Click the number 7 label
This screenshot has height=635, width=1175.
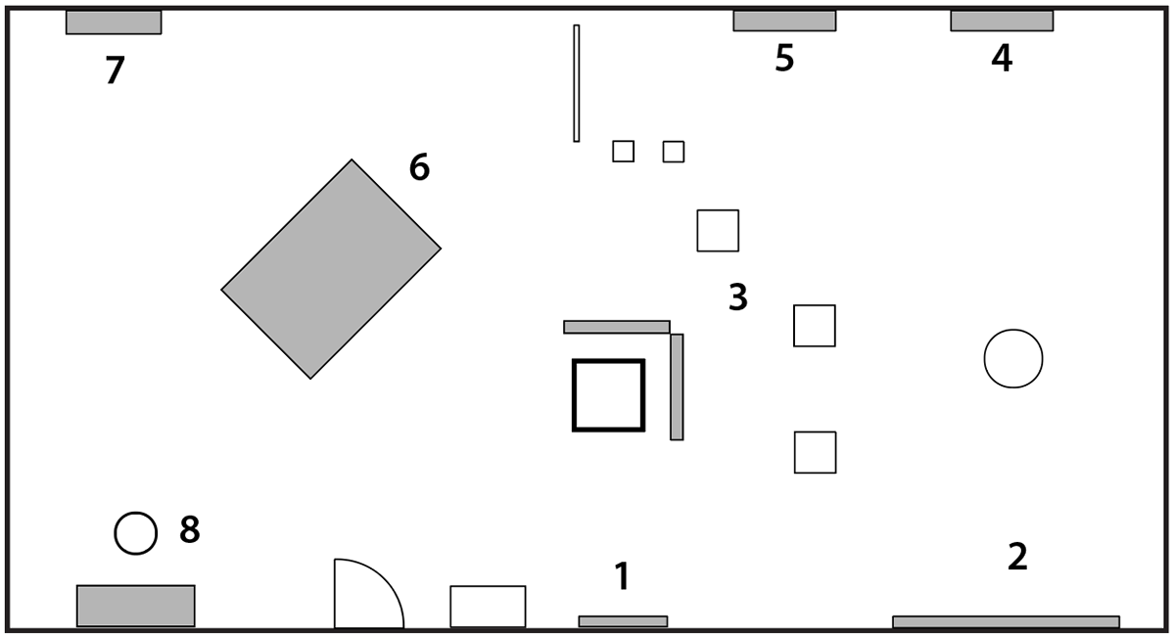coord(116,71)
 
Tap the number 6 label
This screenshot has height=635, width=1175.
coord(419,168)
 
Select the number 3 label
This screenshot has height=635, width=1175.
coord(738,297)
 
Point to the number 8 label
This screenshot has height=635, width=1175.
coord(190,530)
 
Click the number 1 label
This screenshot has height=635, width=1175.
coord(622,576)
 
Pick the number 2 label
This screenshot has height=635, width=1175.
coord(1017,557)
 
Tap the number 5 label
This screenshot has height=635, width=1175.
coord(784,59)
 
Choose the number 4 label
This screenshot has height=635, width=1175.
coord(1001,59)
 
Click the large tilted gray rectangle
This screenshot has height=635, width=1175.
coord(331,269)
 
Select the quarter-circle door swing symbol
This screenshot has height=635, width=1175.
coord(362,597)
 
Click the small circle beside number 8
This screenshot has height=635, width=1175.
coord(135,533)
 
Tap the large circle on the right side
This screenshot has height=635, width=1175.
coord(1013,359)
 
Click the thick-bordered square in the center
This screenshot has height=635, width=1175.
coord(608,395)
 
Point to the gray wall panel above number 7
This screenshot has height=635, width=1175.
coord(114,22)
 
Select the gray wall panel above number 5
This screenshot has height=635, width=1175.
coord(784,21)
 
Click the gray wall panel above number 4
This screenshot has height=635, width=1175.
coord(1002,21)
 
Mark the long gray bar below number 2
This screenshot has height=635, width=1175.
coord(1006,621)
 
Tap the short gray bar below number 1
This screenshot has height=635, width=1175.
coord(623,621)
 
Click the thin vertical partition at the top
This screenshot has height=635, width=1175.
coord(577,83)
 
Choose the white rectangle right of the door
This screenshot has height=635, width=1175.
coord(488,606)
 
